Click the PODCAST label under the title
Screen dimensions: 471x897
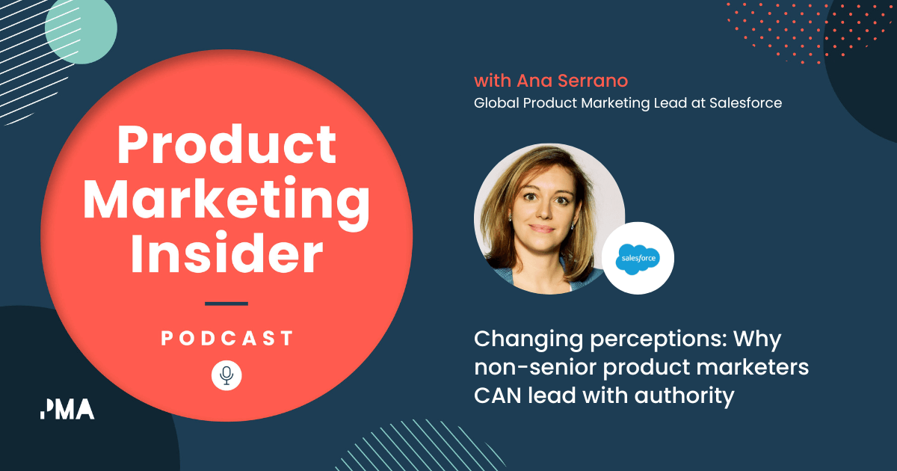[226, 339]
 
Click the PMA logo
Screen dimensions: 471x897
[67, 409]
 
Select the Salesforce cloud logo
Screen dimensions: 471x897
[638, 259]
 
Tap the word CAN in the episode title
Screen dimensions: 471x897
[500, 395]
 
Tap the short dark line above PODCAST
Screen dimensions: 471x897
[226, 304]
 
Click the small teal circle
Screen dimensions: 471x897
[81, 29]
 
